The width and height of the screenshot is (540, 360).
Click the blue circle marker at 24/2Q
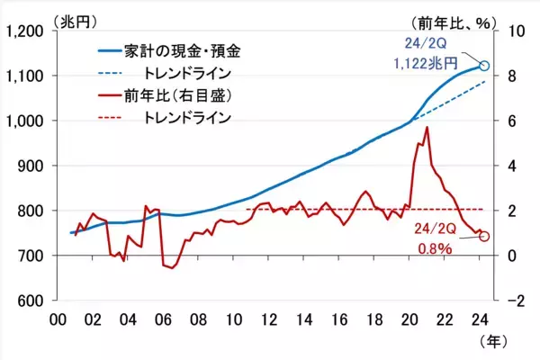[x=484, y=66]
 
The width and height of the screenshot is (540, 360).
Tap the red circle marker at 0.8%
[x=484, y=237]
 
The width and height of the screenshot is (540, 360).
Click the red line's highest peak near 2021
[x=426, y=128]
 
